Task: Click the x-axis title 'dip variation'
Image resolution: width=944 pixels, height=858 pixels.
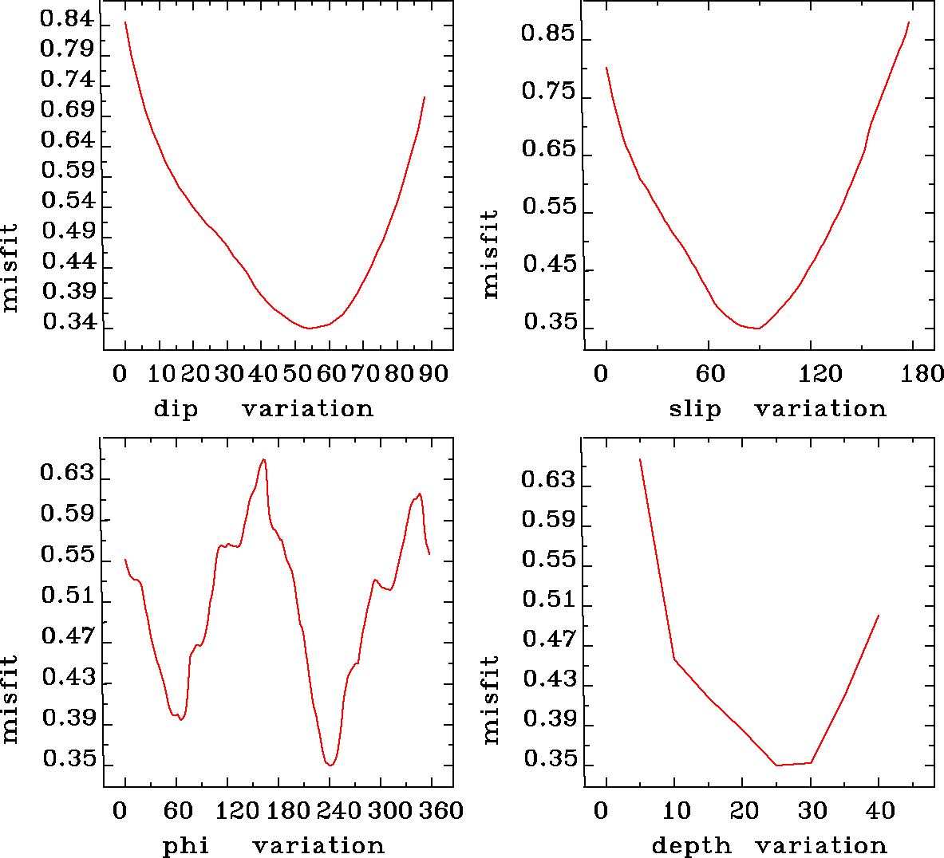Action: point(263,409)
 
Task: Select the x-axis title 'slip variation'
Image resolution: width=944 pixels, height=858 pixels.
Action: point(777,409)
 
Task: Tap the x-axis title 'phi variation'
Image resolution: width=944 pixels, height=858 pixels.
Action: point(274,845)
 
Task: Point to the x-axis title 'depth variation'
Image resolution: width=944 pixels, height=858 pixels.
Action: point(769,845)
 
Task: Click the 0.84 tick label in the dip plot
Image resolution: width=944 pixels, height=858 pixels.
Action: point(67,19)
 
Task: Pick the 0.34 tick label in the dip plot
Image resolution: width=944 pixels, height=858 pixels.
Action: point(69,322)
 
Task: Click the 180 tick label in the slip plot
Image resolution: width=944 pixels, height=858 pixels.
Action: point(925,373)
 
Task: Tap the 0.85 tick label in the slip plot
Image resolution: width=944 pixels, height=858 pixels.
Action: point(547,33)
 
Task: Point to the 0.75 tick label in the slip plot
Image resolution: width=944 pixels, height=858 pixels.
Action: point(548,92)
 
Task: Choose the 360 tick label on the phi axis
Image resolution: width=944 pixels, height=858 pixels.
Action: point(441,811)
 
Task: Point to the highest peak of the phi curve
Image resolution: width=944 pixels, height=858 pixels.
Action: point(264,459)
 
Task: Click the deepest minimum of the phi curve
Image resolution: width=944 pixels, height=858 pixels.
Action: point(330,765)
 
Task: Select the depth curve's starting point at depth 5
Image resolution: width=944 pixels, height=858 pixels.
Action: point(640,459)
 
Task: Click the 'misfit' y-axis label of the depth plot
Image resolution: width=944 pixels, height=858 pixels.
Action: point(490,699)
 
